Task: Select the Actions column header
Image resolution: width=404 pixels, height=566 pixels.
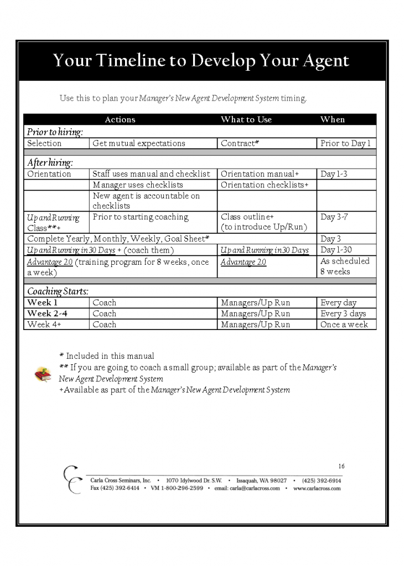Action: (120, 119)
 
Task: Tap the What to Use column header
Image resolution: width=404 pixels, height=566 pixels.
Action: (246, 119)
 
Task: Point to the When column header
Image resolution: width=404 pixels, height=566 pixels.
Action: (333, 119)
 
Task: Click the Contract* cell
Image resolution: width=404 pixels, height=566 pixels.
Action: (240, 143)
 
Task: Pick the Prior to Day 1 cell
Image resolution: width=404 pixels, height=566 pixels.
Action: (345, 143)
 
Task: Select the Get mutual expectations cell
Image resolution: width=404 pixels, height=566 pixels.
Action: (139, 143)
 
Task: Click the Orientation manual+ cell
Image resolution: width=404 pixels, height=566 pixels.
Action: (260, 174)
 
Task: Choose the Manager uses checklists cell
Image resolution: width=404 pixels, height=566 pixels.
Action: (138, 185)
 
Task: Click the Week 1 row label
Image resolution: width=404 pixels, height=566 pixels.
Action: (43, 303)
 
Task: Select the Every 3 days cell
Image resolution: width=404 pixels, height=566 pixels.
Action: (343, 314)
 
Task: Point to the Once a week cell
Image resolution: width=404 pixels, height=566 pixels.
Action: (344, 324)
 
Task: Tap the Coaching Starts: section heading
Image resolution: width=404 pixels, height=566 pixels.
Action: (58, 292)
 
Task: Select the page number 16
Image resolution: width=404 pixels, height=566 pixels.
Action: (341, 466)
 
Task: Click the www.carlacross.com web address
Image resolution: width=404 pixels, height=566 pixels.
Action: (317, 489)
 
